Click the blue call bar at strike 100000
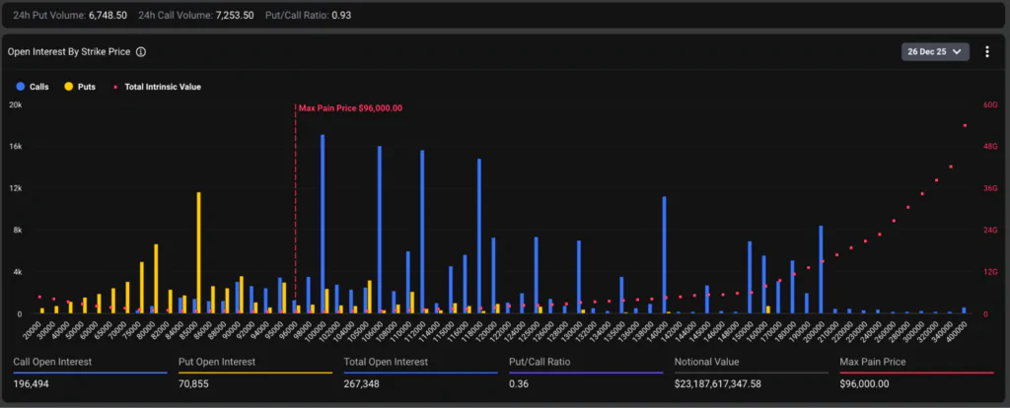(323, 225)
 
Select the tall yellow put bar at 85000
(198, 252)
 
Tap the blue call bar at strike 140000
(664, 255)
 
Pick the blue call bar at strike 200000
(821, 269)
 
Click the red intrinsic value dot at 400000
(964, 125)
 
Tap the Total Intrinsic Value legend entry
(158, 87)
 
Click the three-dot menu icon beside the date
(987, 51)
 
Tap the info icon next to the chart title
(141, 52)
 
